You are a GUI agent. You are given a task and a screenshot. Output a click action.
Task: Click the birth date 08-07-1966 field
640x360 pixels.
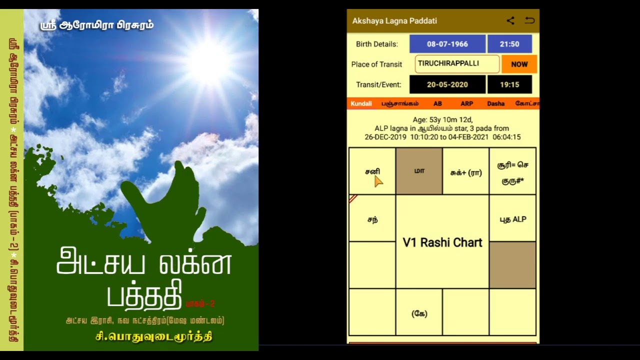447,44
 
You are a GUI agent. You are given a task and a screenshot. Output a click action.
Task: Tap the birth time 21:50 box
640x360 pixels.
509,44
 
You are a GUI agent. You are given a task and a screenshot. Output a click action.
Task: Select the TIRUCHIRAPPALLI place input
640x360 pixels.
457,64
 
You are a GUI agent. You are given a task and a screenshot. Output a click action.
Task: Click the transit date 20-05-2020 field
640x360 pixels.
447,84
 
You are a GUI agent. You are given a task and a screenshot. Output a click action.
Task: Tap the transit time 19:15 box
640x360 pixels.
509,84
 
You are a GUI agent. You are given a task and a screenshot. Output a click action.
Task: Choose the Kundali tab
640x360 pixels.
361,103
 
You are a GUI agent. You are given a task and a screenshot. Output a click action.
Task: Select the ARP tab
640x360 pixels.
466,103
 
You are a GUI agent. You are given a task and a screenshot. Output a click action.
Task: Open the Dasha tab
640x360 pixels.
495,103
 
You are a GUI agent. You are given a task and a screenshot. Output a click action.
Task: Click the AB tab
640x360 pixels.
437,103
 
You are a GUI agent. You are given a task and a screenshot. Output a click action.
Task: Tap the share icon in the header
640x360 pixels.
510,20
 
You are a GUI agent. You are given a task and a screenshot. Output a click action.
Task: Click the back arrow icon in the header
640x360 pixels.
529,20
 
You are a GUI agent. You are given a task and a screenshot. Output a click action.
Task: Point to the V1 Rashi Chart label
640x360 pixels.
442,242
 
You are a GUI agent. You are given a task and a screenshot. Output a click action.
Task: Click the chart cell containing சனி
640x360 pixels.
372,171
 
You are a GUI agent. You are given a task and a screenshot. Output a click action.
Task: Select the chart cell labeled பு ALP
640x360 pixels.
512,219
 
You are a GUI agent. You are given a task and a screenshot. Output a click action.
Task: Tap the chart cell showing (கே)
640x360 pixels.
419,313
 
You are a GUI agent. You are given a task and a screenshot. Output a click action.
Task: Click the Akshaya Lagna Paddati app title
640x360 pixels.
394,21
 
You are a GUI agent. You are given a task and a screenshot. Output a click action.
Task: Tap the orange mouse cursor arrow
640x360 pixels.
378,181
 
